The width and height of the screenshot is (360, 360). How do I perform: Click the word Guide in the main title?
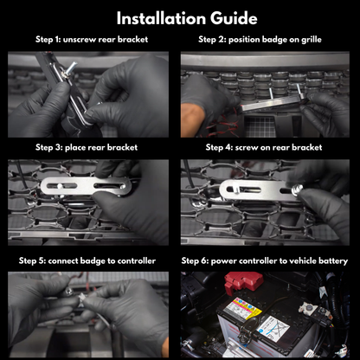[234, 18]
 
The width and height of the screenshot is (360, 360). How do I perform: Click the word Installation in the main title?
[162, 18]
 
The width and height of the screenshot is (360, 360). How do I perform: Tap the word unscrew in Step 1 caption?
[80, 40]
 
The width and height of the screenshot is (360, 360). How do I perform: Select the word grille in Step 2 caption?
[312, 40]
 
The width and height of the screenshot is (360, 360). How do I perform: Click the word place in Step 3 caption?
[75, 148]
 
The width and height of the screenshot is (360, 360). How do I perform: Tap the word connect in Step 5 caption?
[62, 261]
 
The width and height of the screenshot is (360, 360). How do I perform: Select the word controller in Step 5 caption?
[137, 261]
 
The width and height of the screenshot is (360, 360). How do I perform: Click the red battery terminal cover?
[244, 282]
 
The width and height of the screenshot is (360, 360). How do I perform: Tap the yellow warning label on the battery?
[241, 310]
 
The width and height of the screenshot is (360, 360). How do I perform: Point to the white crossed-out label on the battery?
[273, 329]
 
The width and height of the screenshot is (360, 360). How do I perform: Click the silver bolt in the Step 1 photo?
[70, 69]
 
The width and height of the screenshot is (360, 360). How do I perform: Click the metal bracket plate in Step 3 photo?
[86, 186]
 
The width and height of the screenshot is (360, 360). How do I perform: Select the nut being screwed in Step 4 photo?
[297, 190]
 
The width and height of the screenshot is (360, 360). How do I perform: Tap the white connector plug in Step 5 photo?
[81, 297]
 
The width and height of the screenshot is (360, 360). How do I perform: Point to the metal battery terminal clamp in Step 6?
[309, 309]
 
